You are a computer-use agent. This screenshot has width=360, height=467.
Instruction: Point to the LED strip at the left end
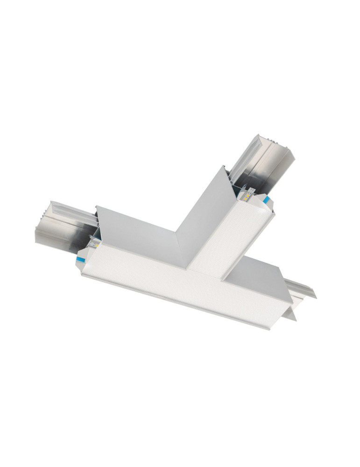(x=95, y=243)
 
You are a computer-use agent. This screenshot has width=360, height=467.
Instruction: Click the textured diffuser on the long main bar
(x=177, y=285)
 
